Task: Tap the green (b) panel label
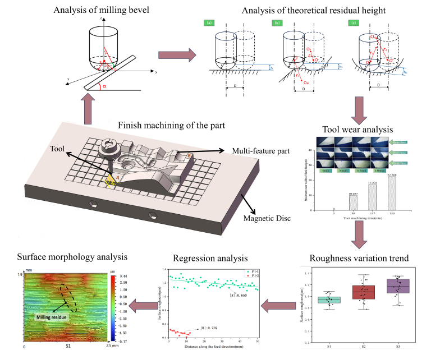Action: click(277, 24)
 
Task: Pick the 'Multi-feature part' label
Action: click(256, 150)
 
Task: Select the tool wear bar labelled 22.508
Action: click(376, 192)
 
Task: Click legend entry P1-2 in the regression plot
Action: click(253, 276)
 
